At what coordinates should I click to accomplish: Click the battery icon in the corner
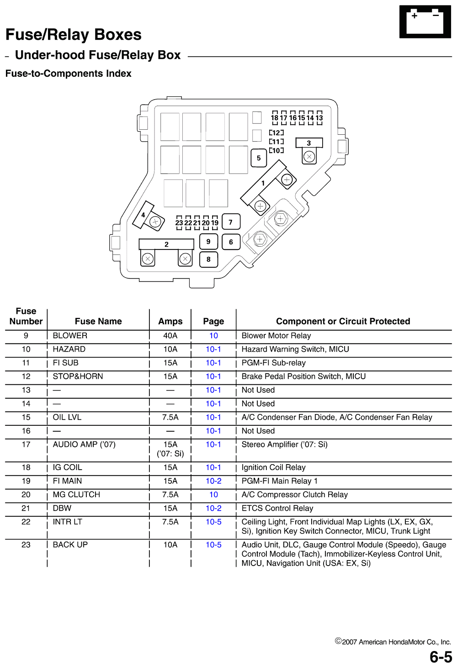point(425,22)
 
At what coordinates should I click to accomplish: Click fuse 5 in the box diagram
point(259,158)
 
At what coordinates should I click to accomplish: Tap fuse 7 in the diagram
point(231,222)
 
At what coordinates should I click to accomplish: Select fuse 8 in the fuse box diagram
point(208,259)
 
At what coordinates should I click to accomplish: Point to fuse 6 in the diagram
point(231,242)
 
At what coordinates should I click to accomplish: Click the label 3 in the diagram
point(309,143)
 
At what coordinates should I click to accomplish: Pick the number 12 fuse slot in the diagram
point(276,133)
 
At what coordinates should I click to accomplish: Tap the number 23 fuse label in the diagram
point(179,223)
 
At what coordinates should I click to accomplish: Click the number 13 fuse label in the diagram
point(319,118)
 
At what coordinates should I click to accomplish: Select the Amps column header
point(170,321)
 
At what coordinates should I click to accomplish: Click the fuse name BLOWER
point(70,336)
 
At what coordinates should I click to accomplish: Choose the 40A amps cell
point(170,336)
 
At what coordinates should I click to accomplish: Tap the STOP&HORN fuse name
point(78,376)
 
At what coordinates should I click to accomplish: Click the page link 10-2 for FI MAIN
point(213,481)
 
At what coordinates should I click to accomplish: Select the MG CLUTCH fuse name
point(76,495)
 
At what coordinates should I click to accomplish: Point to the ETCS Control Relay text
point(277,508)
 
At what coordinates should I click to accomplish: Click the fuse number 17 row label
point(26,445)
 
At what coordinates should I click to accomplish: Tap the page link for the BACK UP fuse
point(213,545)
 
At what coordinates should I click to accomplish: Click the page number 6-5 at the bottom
point(441,656)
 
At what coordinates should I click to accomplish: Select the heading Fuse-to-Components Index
point(68,74)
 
